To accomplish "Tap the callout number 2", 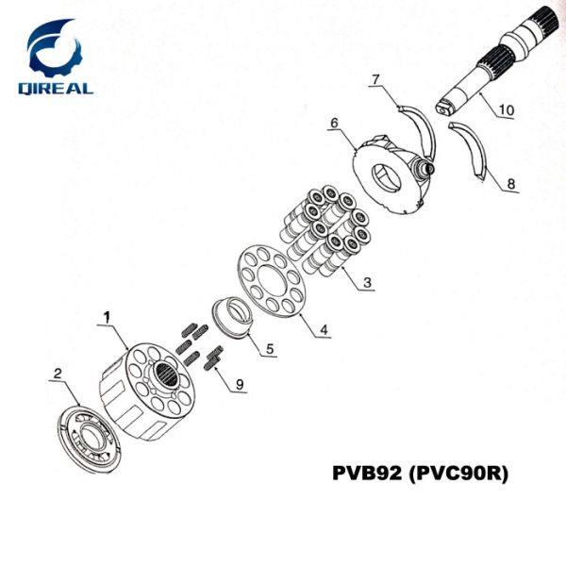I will click(58, 374).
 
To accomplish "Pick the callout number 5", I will click(269, 349).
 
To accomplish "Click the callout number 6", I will click(334, 123).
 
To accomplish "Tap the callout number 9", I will click(240, 383).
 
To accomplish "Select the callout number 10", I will click(506, 110).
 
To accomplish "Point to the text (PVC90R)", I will click(457, 473).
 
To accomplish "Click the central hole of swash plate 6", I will click(388, 175).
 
